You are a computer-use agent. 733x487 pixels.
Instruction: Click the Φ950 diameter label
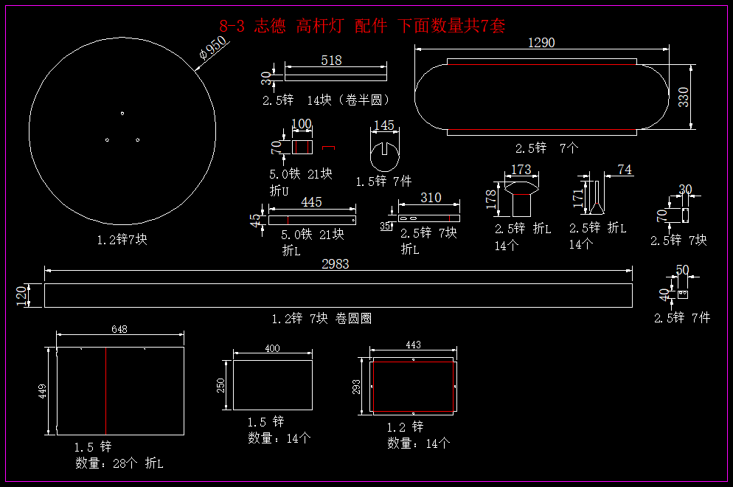click(x=213, y=50)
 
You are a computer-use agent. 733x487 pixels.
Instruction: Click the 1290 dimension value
click(x=541, y=43)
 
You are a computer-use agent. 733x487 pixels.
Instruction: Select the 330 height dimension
click(x=684, y=97)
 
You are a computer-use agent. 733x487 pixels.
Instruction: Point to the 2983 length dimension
click(x=336, y=263)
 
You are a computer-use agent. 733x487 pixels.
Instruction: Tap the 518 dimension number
click(x=332, y=61)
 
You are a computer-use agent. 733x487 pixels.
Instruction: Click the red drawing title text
click(x=363, y=27)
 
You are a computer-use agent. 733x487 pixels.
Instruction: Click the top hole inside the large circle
click(x=122, y=113)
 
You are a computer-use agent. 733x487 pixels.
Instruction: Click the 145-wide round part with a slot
click(x=384, y=154)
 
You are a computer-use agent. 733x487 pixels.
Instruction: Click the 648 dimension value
click(x=120, y=329)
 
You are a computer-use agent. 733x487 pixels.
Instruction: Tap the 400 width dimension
click(x=272, y=348)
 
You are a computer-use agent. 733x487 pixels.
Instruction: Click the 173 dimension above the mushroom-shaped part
click(x=521, y=170)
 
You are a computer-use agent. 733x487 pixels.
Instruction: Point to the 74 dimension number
click(x=624, y=170)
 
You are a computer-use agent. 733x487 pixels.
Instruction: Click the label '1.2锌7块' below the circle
click(x=122, y=239)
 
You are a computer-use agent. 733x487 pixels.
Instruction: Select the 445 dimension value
click(x=311, y=202)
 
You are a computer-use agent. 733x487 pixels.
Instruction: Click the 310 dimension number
click(x=431, y=198)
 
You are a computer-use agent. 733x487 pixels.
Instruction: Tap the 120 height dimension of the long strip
click(x=21, y=295)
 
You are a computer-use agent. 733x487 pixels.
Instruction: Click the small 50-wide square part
click(x=682, y=294)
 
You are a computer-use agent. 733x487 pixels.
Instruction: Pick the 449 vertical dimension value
click(x=43, y=390)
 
